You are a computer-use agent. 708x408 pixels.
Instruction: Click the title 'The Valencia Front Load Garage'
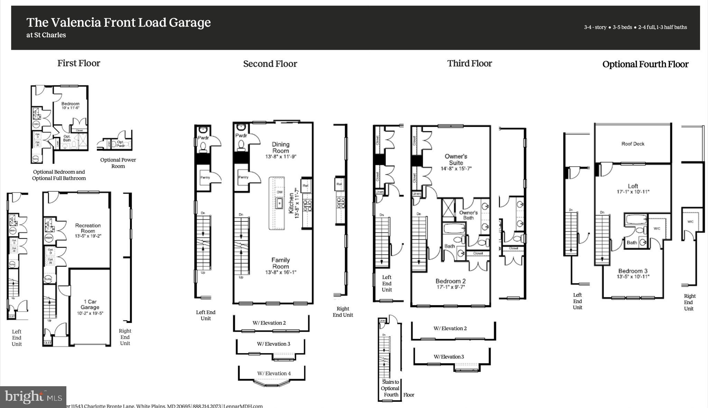click(x=119, y=22)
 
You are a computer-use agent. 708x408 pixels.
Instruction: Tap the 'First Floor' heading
click(x=79, y=63)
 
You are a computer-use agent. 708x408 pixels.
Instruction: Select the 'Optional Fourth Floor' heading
click(x=645, y=64)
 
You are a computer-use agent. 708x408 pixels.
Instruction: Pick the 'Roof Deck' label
click(x=633, y=144)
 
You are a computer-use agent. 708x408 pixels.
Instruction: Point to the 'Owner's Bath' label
click(x=468, y=215)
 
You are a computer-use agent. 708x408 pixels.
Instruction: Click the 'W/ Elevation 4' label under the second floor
click(x=274, y=373)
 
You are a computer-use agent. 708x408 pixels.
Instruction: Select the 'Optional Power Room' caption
click(x=118, y=163)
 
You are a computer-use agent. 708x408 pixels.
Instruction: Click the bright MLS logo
click(x=33, y=397)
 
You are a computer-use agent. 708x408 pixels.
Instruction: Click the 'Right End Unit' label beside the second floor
click(x=343, y=312)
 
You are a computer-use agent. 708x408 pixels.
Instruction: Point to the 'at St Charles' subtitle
click(x=46, y=35)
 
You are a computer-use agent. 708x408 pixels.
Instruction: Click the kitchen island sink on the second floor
click(x=279, y=203)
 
